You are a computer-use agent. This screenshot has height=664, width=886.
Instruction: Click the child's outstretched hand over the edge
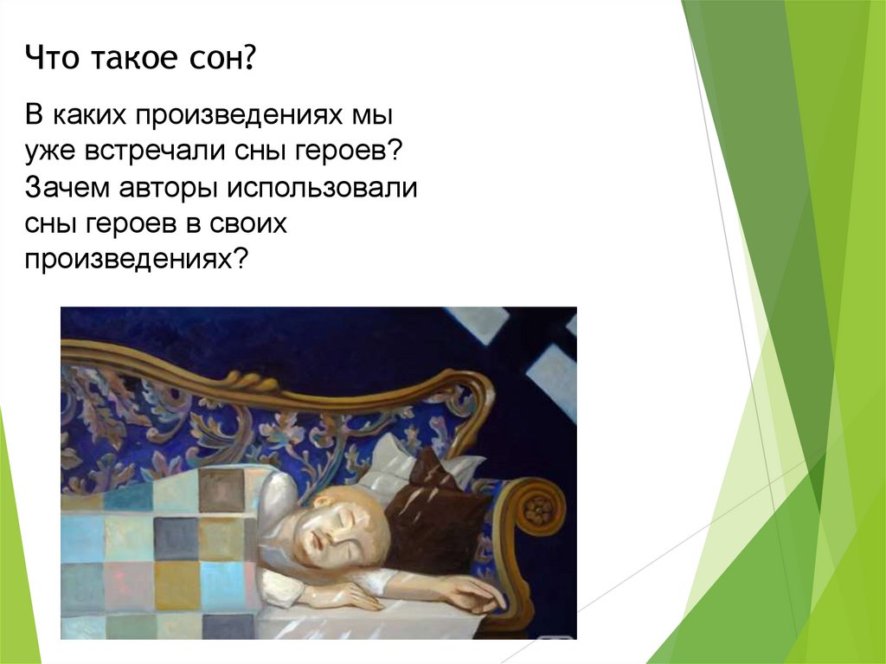coord(474,595)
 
